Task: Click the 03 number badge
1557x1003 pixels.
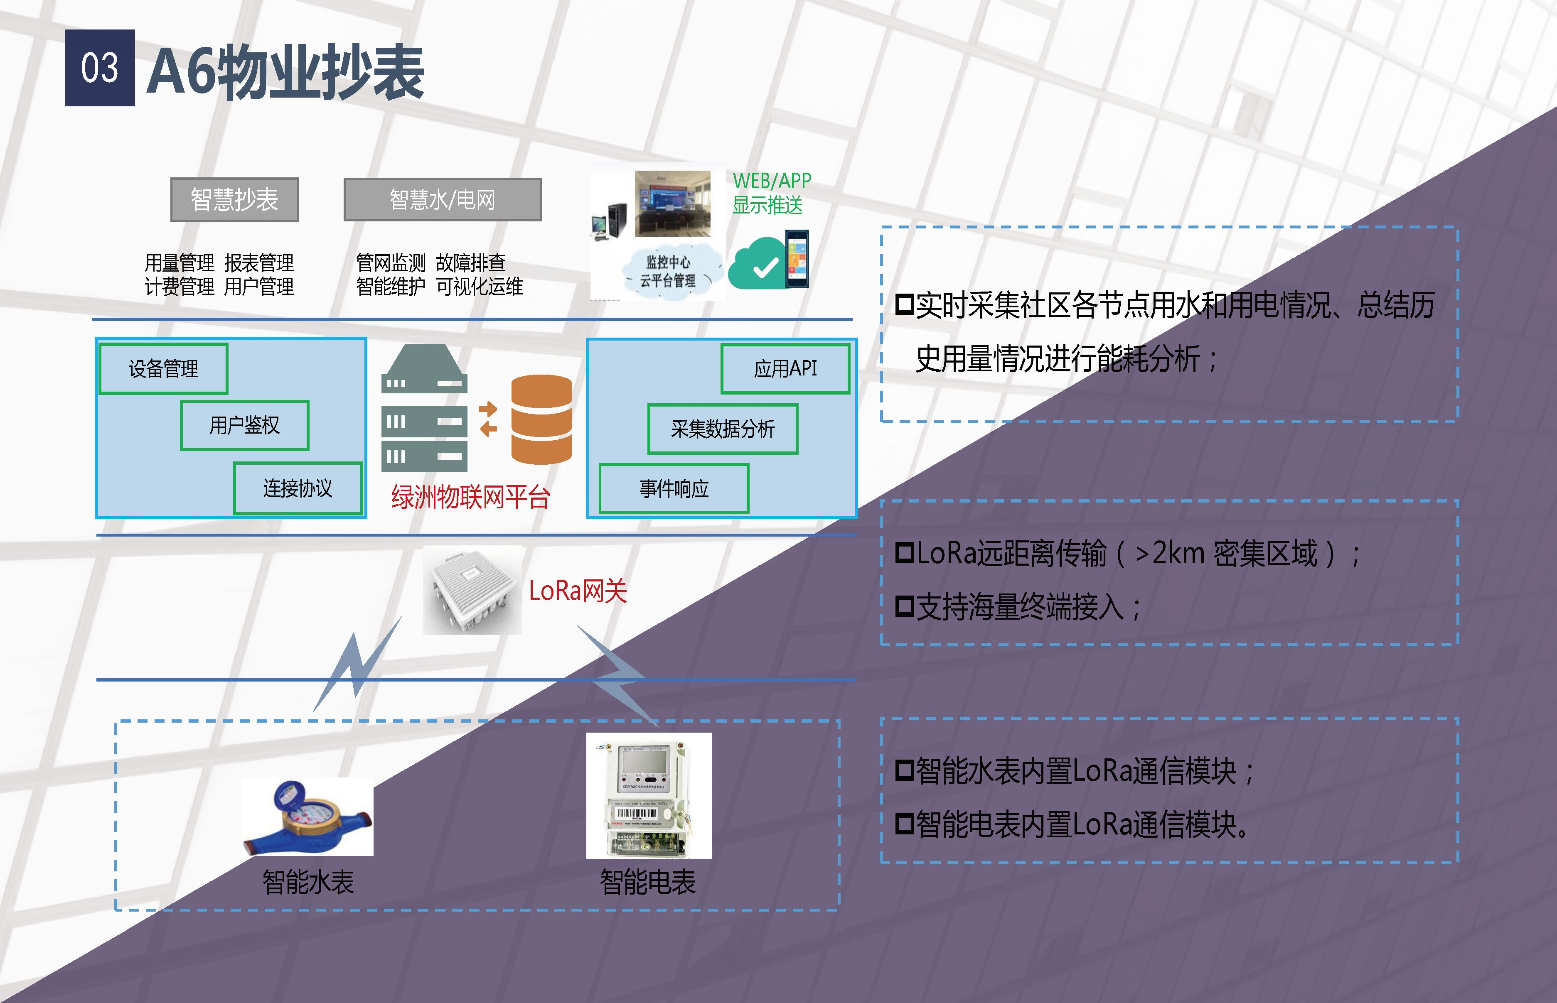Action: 100,68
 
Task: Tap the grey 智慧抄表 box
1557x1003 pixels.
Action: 234,199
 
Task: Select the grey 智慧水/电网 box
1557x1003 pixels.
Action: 443,199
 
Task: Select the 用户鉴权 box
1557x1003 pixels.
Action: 244,425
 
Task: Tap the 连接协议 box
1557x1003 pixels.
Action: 298,488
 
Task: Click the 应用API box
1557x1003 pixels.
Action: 785,369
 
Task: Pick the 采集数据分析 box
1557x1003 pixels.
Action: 723,429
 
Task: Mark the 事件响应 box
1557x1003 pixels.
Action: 674,488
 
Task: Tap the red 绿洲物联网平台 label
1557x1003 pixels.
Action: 470,498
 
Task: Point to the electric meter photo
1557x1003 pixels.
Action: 649,795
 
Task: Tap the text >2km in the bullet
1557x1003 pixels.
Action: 1170,554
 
